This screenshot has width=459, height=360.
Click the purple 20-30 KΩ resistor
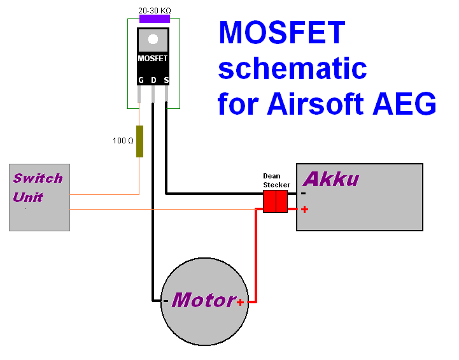154,19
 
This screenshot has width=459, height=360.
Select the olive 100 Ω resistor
139,141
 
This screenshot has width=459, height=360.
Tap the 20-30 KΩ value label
155,10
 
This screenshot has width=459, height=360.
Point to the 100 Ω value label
123,141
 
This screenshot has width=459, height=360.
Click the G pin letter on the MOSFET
141,80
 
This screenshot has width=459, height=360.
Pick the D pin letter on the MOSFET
153,80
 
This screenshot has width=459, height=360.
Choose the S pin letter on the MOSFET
166,80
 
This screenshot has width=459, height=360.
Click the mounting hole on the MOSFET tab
153,40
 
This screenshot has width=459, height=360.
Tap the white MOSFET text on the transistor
153,59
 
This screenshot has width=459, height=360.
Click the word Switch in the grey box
38,178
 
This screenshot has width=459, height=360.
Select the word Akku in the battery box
330,179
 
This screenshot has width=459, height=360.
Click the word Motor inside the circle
203,300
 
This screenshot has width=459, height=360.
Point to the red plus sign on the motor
240,302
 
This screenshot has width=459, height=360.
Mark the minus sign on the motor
166,301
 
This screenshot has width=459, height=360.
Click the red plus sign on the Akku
305,208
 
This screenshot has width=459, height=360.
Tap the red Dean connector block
275,201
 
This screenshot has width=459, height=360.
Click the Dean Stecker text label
276,180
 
